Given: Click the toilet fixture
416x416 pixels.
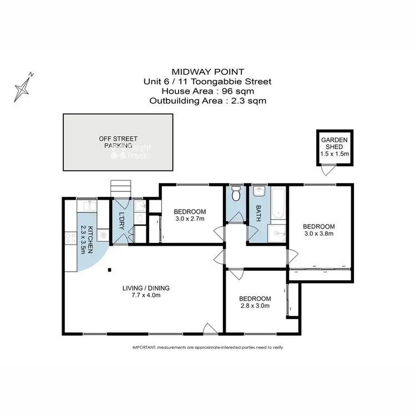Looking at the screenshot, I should (x=236, y=194).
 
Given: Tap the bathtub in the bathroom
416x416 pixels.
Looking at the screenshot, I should (x=277, y=204).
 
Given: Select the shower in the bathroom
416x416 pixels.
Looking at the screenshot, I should (x=276, y=234).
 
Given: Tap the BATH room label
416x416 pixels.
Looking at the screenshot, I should (x=258, y=213).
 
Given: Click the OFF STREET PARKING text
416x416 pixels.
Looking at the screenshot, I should (x=118, y=142).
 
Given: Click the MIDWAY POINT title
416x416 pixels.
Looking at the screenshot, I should (x=208, y=72).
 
